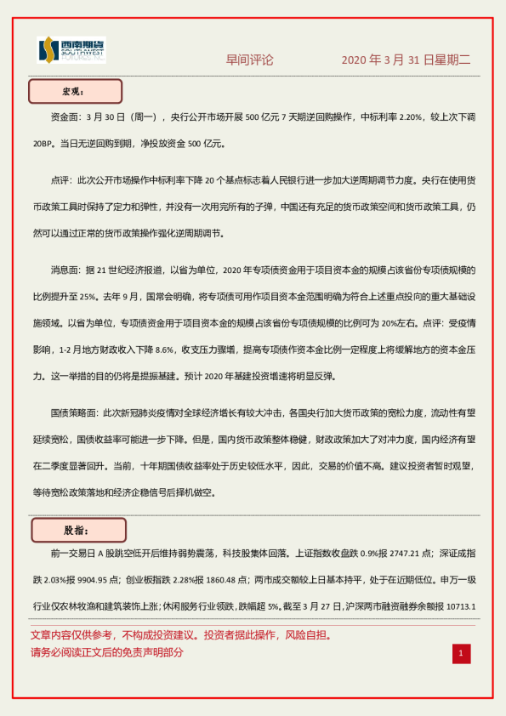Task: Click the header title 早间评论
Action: (249, 60)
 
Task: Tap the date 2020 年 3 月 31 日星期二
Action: (405, 60)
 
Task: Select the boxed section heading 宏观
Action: (76, 91)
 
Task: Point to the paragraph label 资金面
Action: (67, 121)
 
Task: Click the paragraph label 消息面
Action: (67, 270)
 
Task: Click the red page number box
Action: (460, 653)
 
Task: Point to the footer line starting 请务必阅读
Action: (107, 653)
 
